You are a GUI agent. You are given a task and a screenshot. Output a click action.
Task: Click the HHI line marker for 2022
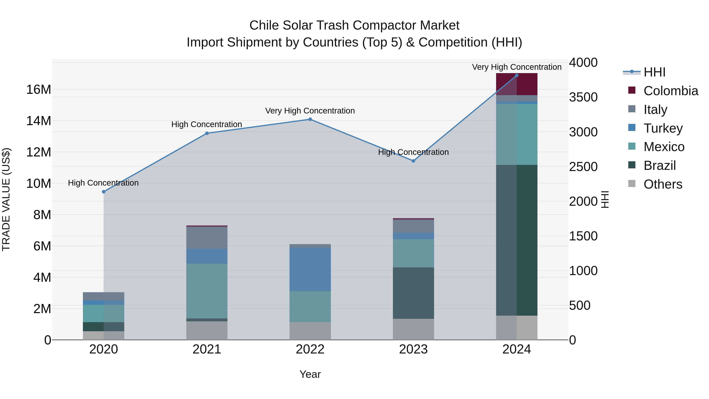tap(310, 119)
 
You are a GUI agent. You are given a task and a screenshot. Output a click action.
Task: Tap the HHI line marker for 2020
tap(103, 192)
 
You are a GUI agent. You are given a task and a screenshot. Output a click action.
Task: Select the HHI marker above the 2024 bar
tap(517, 75)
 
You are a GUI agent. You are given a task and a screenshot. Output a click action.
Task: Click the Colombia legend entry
tap(670, 91)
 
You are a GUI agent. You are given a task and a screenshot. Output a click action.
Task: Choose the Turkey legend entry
tap(663, 128)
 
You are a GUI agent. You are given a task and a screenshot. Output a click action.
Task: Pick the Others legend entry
tap(663, 184)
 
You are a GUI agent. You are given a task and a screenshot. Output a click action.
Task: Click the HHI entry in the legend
tap(654, 72)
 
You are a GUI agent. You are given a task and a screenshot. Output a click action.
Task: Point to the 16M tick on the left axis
tap(39, 89)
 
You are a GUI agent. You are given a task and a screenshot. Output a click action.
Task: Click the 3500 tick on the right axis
tap(583, 97)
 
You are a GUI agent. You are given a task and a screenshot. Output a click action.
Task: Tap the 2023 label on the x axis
tap(413, 349)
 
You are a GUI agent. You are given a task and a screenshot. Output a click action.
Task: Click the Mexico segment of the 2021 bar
tap(207, 291)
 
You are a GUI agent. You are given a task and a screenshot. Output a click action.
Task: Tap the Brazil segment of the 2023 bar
tap(413, 293)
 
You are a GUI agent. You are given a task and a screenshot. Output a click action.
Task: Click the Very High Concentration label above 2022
tap(310, 111)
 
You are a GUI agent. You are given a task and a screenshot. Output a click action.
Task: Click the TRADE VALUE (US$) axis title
tap(6, 199)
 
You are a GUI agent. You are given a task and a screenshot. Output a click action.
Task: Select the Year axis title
tap(310, 374)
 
